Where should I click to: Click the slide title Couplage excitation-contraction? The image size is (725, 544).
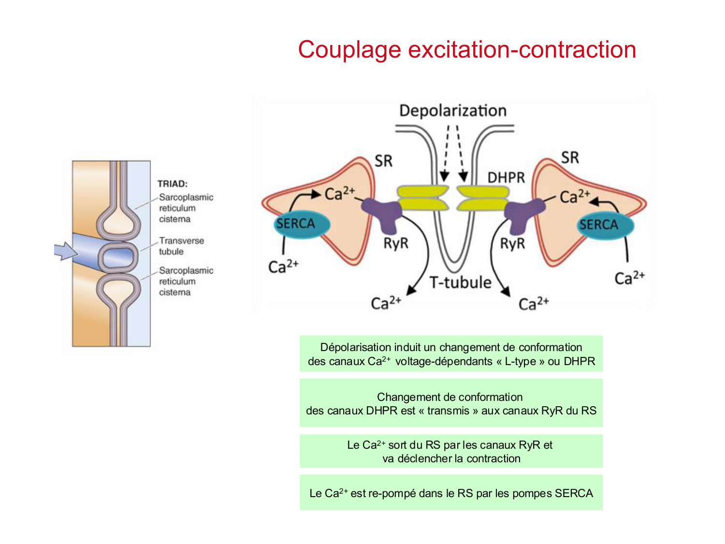point(467,50)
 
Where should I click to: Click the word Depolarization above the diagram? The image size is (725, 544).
point(453,111)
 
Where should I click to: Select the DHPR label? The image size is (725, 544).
point(506,178)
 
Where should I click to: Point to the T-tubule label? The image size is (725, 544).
point(460,282)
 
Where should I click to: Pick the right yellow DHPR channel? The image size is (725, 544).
point(483,198)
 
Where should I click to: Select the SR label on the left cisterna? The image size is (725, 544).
point(383,161)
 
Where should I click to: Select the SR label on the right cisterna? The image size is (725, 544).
point(570,158)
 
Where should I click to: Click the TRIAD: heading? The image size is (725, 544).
point(173,184)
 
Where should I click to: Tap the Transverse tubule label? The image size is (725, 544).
point(181,246)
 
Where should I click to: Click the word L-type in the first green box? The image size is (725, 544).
point(521,362)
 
